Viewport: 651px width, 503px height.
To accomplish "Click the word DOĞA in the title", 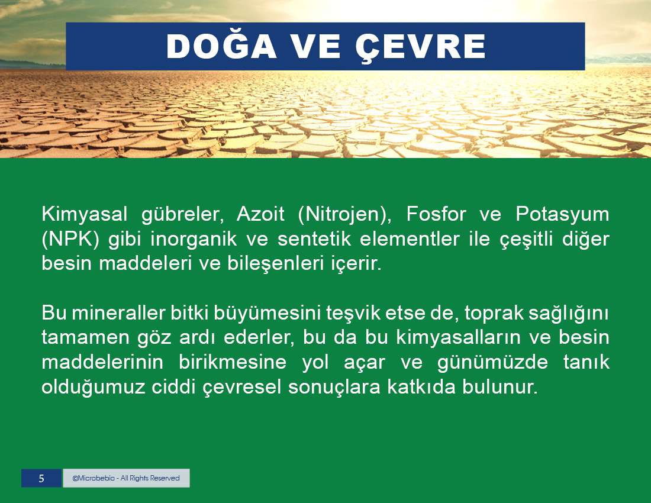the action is point(221,46).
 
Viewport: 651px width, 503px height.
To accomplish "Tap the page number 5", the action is point(41,478).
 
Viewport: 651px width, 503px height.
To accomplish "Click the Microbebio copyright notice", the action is point(126,478).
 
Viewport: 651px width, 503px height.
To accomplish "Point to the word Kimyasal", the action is point(84,215).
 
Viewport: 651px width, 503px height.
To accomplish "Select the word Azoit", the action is point(260,214).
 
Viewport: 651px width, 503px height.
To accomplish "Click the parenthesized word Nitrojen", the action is point(344,215).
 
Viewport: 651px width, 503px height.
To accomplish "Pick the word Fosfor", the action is point(436,214).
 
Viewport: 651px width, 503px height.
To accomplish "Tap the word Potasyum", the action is point(562,215).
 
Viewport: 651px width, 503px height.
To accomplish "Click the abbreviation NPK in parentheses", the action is point(70,240).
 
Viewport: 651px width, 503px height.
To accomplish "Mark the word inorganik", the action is point(194,240).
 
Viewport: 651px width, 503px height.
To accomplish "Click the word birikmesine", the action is point(233,362).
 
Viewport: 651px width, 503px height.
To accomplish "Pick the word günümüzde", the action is point(492,363).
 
